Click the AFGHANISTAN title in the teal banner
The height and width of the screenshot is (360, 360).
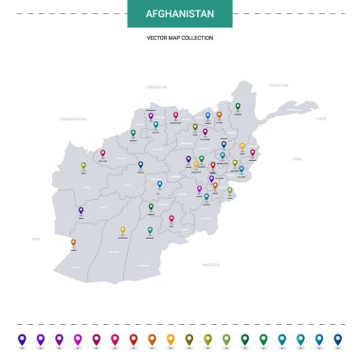coord(180,14)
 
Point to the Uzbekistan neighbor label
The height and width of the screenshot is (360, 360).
coord(156,85)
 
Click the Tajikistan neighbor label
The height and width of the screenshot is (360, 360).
coord(278,85)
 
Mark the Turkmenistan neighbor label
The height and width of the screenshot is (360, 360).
coord(72,119)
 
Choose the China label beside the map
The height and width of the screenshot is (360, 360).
coord(320,118)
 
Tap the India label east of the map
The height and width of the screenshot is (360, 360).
coord(297,159)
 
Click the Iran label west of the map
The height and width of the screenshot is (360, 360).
coord(37,240)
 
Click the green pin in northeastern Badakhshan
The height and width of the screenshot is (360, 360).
coord(238,106)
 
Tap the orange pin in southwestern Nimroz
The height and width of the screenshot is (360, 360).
coord(74,243)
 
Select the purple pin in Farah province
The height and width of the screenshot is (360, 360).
coord(81,210)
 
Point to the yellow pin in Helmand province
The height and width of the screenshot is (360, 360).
coord(122,229)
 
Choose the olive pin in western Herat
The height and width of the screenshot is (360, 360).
coord(83,165)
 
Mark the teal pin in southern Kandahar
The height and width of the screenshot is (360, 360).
coord(150,229)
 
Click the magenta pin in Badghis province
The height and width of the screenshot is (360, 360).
coord(102,153)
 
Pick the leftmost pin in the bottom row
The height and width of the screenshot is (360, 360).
coord(22,337)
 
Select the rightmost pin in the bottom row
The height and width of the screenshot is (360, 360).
coord(338,337)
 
